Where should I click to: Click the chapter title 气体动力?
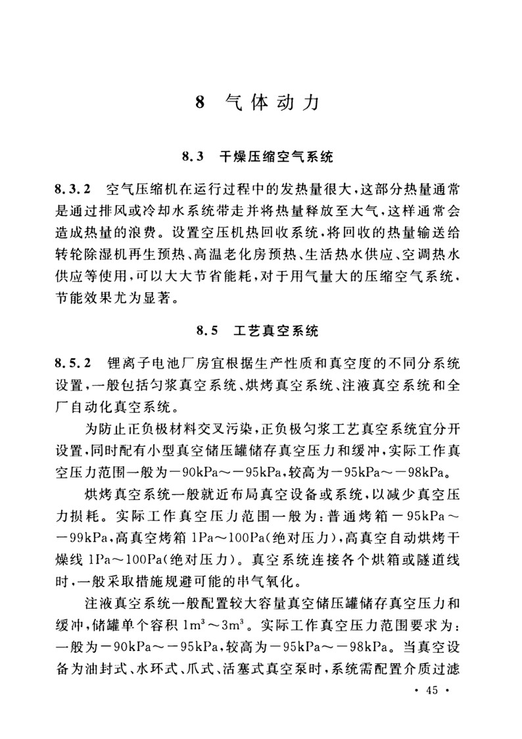[x=272, y=103]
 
